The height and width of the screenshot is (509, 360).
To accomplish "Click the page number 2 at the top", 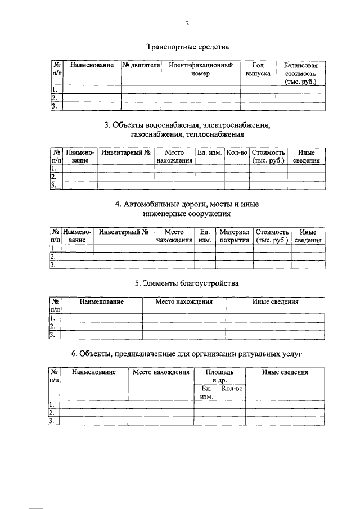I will [187, 24].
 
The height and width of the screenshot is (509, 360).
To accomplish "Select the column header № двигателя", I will [141, 66].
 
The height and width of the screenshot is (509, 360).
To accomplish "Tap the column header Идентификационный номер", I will [201, 70].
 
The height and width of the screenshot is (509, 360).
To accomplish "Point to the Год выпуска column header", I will [258, 70].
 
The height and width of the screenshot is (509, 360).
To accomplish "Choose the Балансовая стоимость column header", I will [300, 74].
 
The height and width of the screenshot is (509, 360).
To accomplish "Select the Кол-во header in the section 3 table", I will [236, 152].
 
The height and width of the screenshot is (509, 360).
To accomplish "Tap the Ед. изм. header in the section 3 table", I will [209, 152].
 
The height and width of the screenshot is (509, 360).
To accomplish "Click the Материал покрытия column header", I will [234, 236].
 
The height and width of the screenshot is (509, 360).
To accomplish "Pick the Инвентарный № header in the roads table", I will [123, 232].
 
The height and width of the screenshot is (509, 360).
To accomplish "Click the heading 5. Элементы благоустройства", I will [187, 283].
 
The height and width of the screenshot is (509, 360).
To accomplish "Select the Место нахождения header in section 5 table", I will [184, 302].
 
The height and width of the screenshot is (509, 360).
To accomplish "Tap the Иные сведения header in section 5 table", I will [275, 302].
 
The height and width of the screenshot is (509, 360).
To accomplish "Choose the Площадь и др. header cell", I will [219, 376].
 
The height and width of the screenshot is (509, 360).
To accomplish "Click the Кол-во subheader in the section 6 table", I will [232, 388].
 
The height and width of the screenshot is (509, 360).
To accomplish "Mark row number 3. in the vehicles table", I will [55, 106].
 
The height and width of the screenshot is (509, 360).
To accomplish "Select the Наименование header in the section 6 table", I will [93, 372].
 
